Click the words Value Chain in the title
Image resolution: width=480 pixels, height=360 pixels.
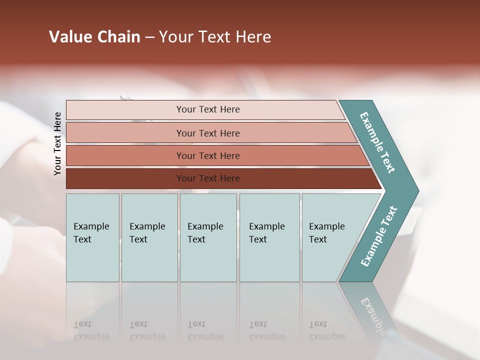(94, 37)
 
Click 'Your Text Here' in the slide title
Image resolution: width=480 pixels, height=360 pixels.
(215, 37)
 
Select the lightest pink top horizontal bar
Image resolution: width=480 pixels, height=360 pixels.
(125, 110)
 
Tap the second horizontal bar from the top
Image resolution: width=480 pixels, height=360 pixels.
(125, 133)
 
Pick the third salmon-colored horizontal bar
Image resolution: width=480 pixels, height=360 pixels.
(125, 155)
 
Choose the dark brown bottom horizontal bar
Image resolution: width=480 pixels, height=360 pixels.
(125, 178)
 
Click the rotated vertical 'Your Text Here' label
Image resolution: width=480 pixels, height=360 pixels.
(57, 143)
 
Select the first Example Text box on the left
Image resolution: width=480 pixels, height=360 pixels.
(92, 237)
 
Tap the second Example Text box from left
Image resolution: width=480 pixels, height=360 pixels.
(149, 237)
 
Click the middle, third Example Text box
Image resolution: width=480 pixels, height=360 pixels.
(208, 237)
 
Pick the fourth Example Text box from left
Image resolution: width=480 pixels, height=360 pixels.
(269, 237)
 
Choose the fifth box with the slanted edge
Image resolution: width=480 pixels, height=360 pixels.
(330, 237)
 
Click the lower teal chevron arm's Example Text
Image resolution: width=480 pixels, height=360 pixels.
(379, 236)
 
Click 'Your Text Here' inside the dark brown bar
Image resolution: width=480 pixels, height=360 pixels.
(208, 178)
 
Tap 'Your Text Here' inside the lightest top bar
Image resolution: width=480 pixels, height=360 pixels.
(208, 109)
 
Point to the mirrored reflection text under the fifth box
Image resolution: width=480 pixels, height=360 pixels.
(326, 330)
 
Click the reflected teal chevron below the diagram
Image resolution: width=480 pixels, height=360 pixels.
(372, 310)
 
